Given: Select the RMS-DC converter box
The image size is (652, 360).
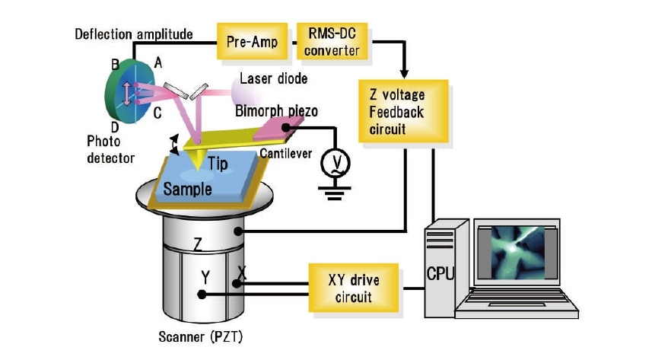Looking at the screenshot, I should tap(332, 43).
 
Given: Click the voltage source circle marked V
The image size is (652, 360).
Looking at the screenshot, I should tap(332, 162).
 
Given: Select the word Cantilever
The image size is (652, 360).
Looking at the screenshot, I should tap(285, 154).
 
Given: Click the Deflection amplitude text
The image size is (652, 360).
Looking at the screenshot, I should tap(133, 34).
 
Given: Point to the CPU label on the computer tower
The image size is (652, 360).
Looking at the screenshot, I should tap(440, 272).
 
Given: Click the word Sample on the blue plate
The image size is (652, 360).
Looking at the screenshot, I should tap(188, 188).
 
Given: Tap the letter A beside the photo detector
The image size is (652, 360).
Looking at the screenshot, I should tap(157, 65).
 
